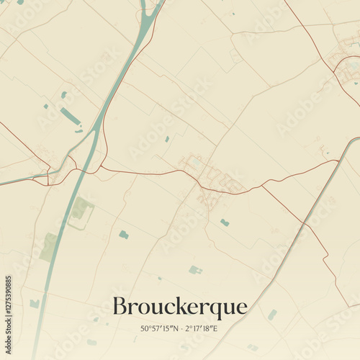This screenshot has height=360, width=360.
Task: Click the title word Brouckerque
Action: [179, 307]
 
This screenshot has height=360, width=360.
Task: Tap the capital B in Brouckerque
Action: [120, 307]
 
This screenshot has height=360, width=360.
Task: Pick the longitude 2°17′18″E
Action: [201, 329]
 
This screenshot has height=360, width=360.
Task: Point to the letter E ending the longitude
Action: [215, 329]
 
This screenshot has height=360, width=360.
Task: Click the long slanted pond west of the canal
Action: [71, 117]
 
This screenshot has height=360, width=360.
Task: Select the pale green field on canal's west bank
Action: [49, 247]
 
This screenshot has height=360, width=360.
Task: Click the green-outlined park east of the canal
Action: [81, 210]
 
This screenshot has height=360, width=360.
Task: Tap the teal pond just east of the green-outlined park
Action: [124, 235]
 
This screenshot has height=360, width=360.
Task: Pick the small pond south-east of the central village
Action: [225, 222]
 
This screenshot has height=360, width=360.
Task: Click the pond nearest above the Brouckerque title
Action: [194, 270]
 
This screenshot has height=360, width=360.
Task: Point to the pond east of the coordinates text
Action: [272, 315]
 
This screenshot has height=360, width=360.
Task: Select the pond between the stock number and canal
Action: [35, 304]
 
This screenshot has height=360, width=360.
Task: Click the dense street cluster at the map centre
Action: [209, 176]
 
